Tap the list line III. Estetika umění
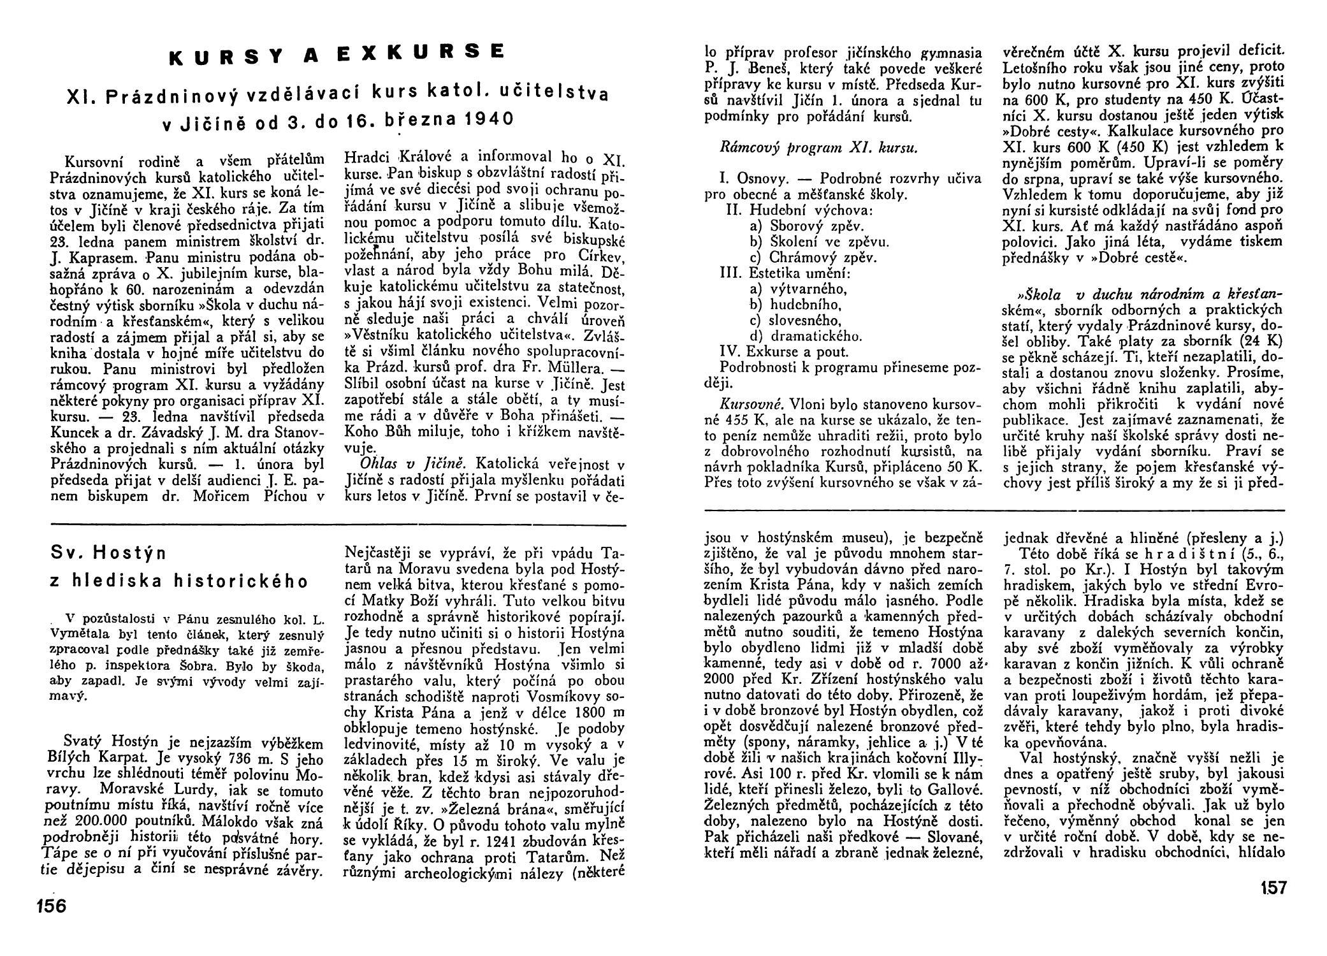785,273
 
